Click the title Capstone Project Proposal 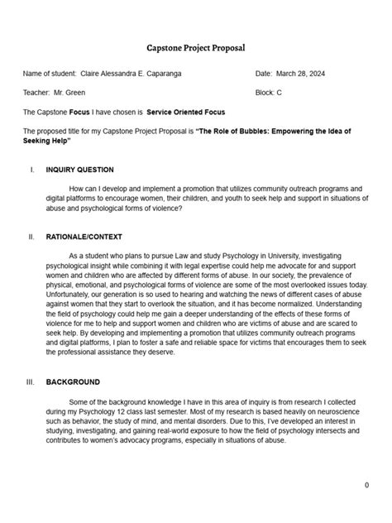click(195, 49)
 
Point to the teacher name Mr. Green click(69, 92)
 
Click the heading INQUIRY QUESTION click(79, 170)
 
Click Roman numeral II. click(31, 237)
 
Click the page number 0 click(366, 485)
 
